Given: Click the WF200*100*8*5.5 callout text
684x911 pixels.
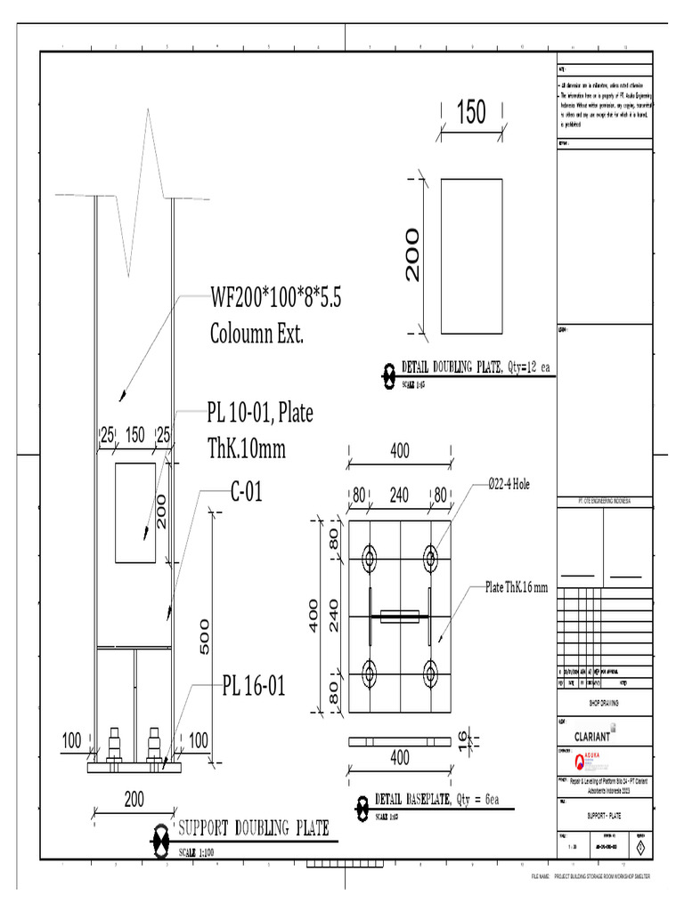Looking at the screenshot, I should [275, 297].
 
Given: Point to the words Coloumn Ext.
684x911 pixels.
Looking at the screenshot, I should [257, 335].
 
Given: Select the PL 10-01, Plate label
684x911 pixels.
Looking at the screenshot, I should [260, 413].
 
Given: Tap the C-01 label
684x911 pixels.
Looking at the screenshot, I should [247, 492].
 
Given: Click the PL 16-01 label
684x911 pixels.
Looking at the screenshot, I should [254, 686].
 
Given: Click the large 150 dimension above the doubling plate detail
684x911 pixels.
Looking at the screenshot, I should [471, 112].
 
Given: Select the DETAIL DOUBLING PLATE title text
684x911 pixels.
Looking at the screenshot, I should [452, 367].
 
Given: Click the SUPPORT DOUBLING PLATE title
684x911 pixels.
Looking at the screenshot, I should [254, 828].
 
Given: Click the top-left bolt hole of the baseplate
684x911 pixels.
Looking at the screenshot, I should [370, 558].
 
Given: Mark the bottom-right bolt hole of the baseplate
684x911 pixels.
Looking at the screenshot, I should [430, 672].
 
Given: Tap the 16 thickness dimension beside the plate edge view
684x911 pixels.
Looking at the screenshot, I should [462, 738].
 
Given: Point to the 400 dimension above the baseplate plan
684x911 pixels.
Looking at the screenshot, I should [400, 452].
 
